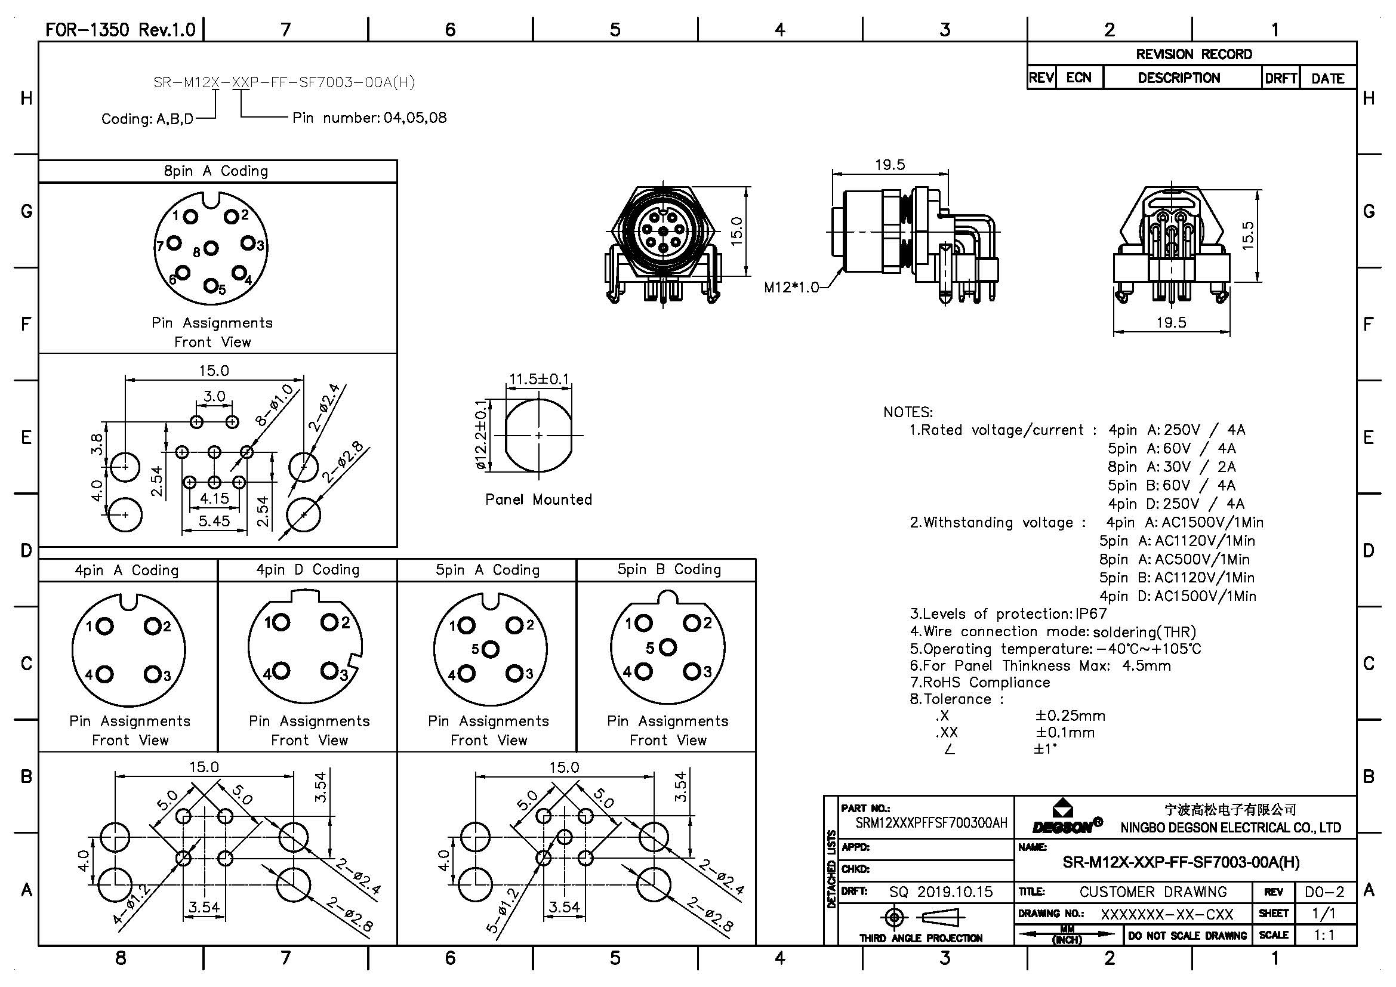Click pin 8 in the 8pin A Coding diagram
click(211, 248)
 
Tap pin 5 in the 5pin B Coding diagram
click(668, 647)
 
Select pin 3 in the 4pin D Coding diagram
click(329, 671)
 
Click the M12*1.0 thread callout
click(791, 287)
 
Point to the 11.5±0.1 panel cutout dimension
click(539, 380)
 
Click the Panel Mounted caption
click(538, 499)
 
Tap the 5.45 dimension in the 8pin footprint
click(214, 521)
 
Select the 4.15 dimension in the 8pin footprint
click(214, 498)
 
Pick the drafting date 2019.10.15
click(954, 892)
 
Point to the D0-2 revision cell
click(1325, 892)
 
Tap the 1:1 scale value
click(1325, 934)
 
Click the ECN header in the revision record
click(1078, 78)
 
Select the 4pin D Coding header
click(307, 570)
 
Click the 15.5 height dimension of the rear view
click(1247, 236)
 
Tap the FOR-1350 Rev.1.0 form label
click(121, 30)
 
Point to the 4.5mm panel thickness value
click(1146, 665)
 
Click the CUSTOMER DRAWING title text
click(1153, 892)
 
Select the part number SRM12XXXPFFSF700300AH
click(931, 823)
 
